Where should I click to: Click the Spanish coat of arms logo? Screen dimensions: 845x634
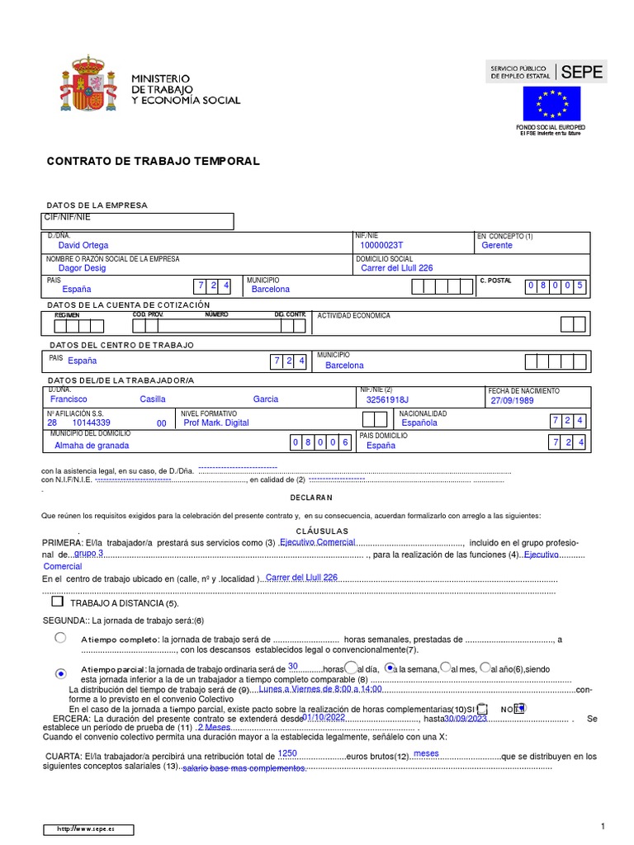point(84,83)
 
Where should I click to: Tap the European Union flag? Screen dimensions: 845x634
point(551,103)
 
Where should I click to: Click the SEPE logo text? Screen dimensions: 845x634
point(582,73)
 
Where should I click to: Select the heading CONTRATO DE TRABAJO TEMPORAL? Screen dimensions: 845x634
point(153,161)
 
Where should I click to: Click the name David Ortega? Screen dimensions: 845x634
point(83,245)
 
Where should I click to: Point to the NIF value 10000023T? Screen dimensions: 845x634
point(381,245)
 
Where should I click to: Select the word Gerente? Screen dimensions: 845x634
point(496,245)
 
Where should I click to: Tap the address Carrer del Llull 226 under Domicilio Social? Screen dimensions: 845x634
point(396,267)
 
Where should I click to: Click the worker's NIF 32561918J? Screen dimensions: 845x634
point(387,399)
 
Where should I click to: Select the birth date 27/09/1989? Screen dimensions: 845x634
point(513,400)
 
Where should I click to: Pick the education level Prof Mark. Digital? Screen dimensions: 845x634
point(215,422)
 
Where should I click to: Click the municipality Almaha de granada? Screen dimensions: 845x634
point(92,445)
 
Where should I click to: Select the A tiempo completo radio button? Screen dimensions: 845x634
point(60,638)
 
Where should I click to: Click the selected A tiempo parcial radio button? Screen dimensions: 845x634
point(60,674)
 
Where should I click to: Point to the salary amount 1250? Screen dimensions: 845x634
point(287,753)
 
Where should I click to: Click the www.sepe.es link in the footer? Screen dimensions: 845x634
point(86,828)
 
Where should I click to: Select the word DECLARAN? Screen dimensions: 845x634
point(310,498)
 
